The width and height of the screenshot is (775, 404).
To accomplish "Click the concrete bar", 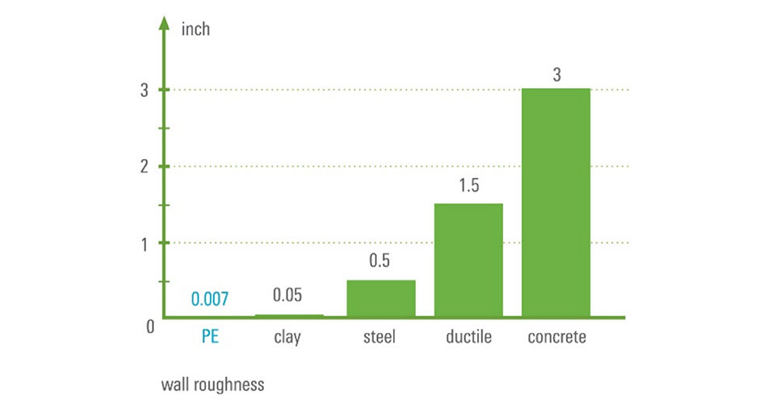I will [555, 202].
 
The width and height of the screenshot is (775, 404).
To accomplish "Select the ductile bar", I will [468, 259].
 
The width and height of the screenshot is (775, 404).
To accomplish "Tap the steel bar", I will [381, 297].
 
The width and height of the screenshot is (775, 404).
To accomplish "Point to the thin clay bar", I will [289, 315].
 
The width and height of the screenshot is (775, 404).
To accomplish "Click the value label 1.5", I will [468, 186].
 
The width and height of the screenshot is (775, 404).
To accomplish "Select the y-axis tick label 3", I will [144, 90].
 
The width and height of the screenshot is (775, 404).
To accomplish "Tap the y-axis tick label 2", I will [144, 167].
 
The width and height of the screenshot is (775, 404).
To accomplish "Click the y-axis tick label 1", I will [144, 243].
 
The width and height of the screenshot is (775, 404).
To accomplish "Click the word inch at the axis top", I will [197, 30].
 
